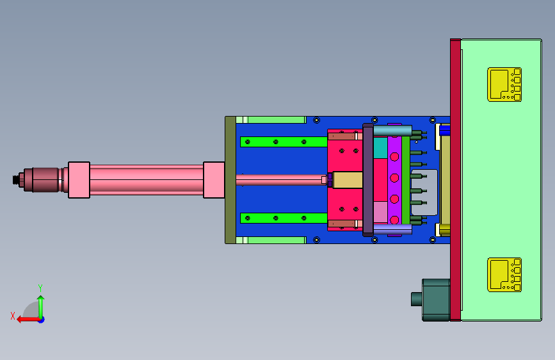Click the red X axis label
(x=13, y=316)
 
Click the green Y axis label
(x=40, y=288)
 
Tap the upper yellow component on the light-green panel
(x=504, y=85)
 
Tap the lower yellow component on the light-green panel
(x=504, y=275)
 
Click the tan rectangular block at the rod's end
(x=348, y=180)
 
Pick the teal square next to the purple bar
(x=380, y=148)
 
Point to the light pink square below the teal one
(x=380, y=212)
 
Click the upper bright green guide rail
(x=284, y=142)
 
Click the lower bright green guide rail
(x=284, y=218)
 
